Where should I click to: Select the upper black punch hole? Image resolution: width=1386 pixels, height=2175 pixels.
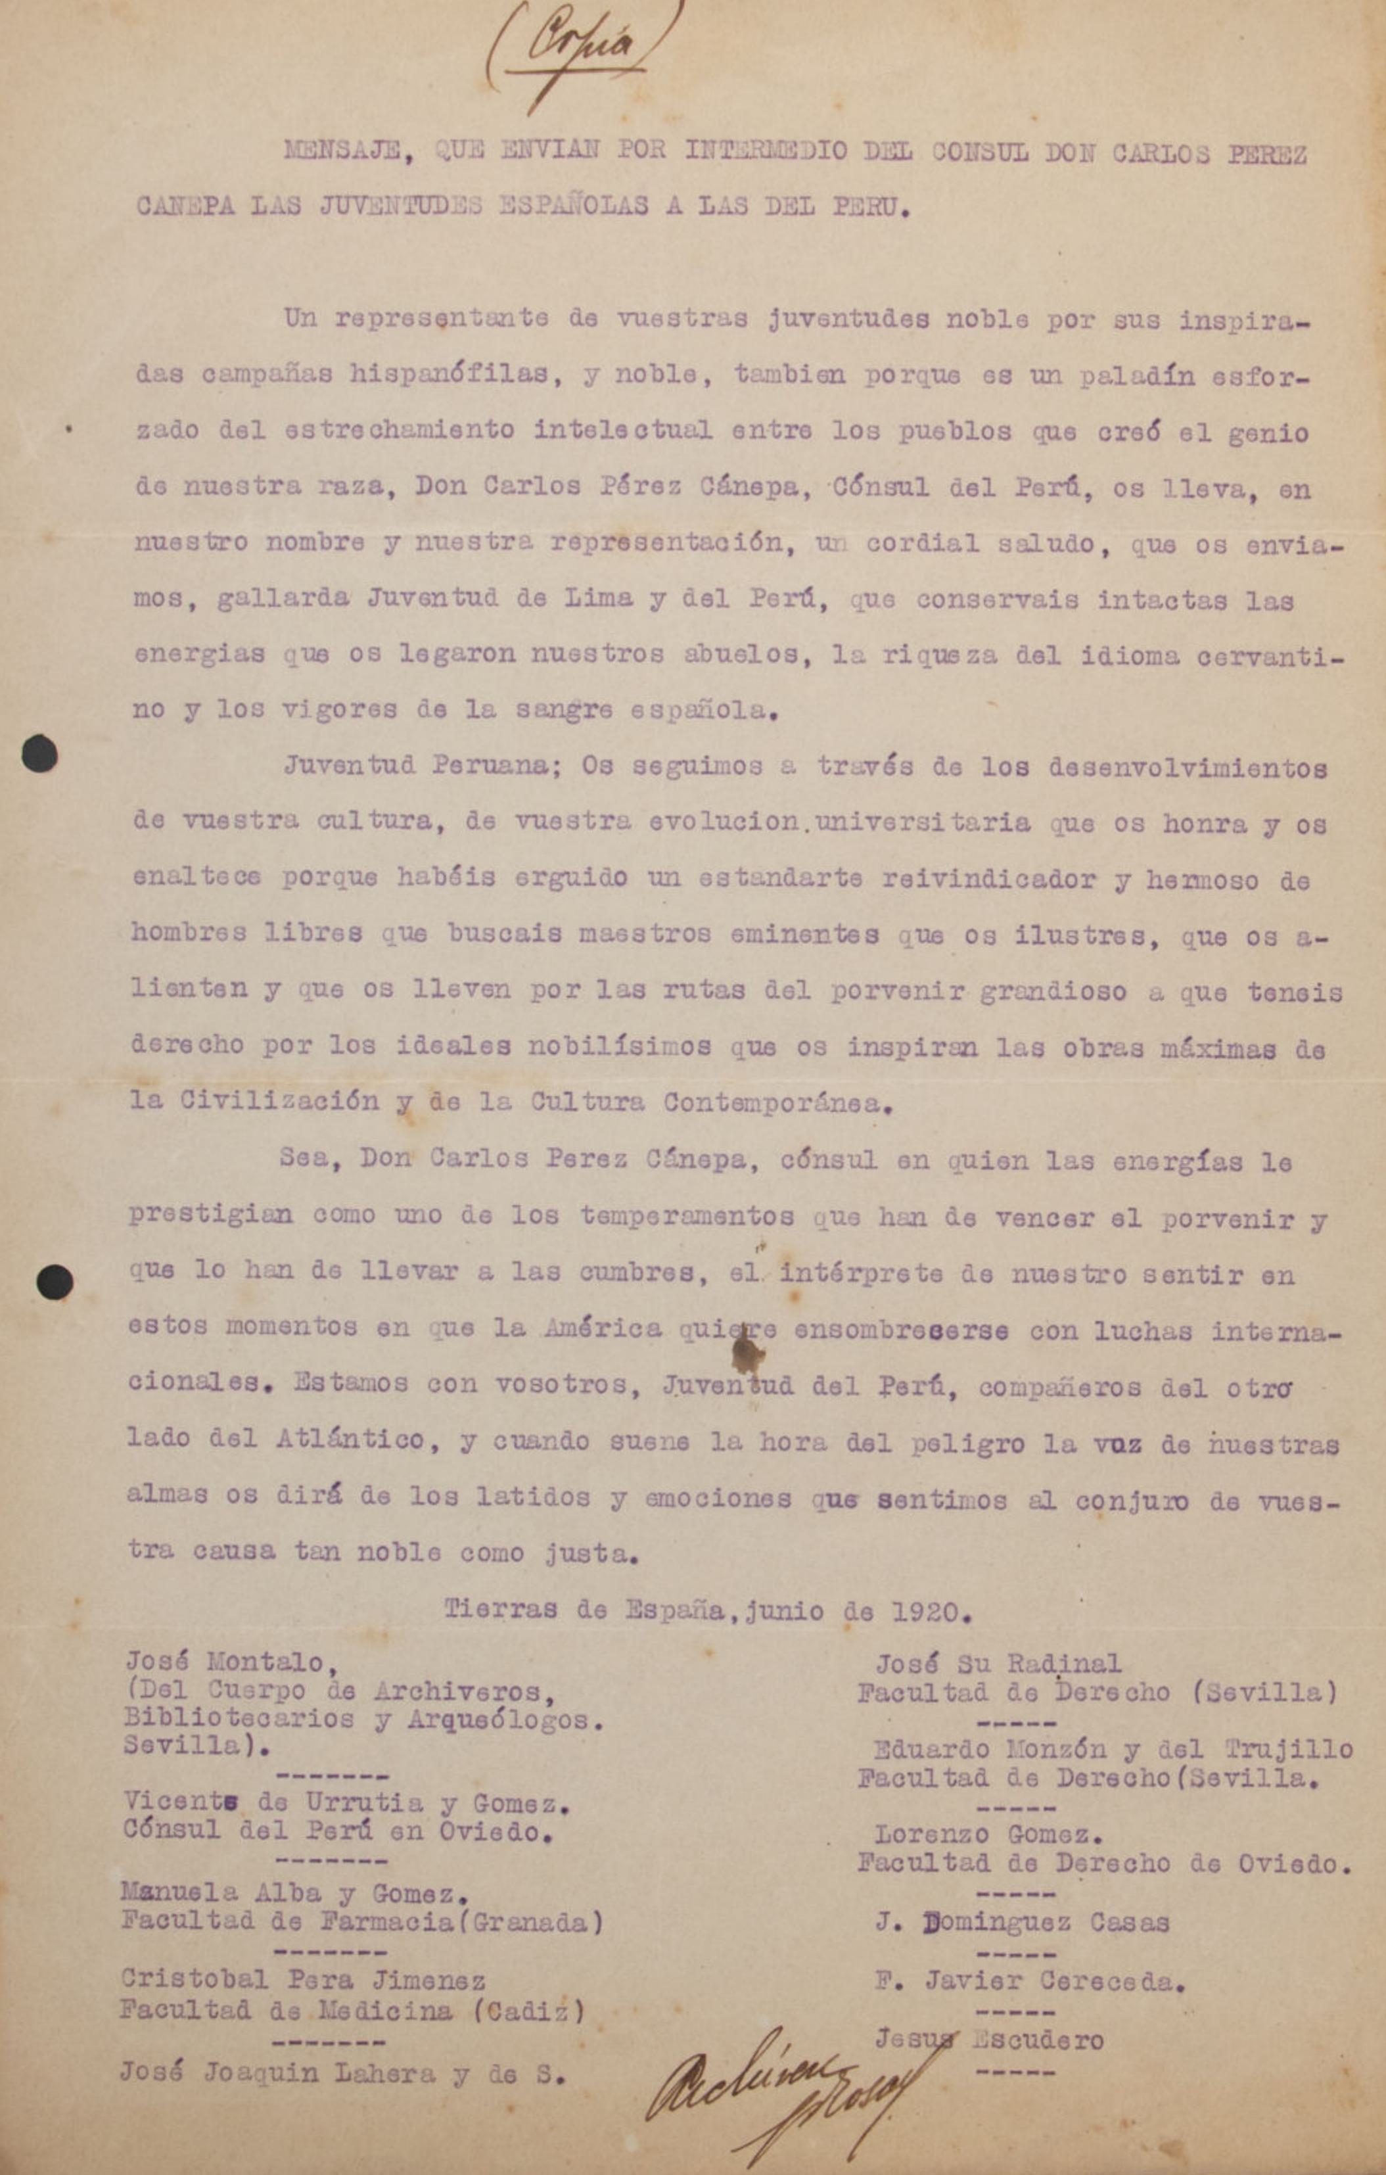[x=39, y=753]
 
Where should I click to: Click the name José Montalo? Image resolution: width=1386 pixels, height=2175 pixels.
[x=224, y=1662]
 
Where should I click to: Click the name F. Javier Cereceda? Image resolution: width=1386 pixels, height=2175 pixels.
[x=1029, y=1982]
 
